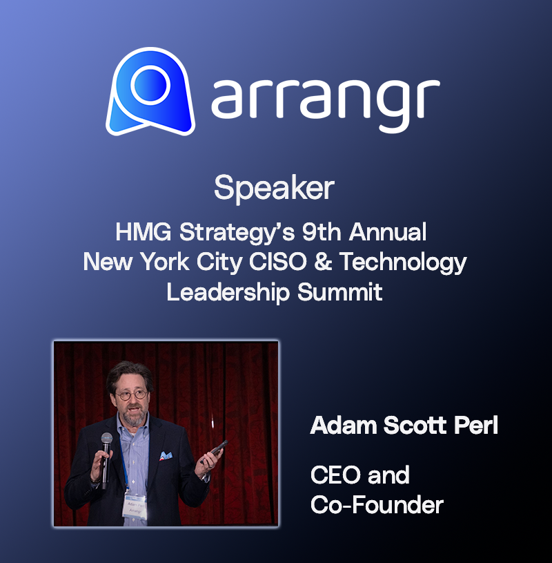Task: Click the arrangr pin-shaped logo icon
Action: click(x=150, y=92)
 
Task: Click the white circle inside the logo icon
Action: click(x=150, y=86)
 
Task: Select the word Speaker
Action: click(x=275, y=189)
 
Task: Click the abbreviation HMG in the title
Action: click(x=144, y=232)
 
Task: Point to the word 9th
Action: click(x=322, y=232)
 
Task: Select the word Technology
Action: click(x=403, y=263)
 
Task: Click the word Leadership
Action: click(x=228, y=293)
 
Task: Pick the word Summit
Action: click(x=339, y=292)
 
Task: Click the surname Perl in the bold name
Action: click(x=476, y=426)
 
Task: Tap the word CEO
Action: click(x=335, y=475)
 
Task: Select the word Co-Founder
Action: click(x=377, y=505)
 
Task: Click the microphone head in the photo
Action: click(x=106, y=439)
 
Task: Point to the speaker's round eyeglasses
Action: click(x=131, y=394)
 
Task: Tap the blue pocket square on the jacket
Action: click(x=166, y=456)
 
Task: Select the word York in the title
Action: click(x=165, y=261)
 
